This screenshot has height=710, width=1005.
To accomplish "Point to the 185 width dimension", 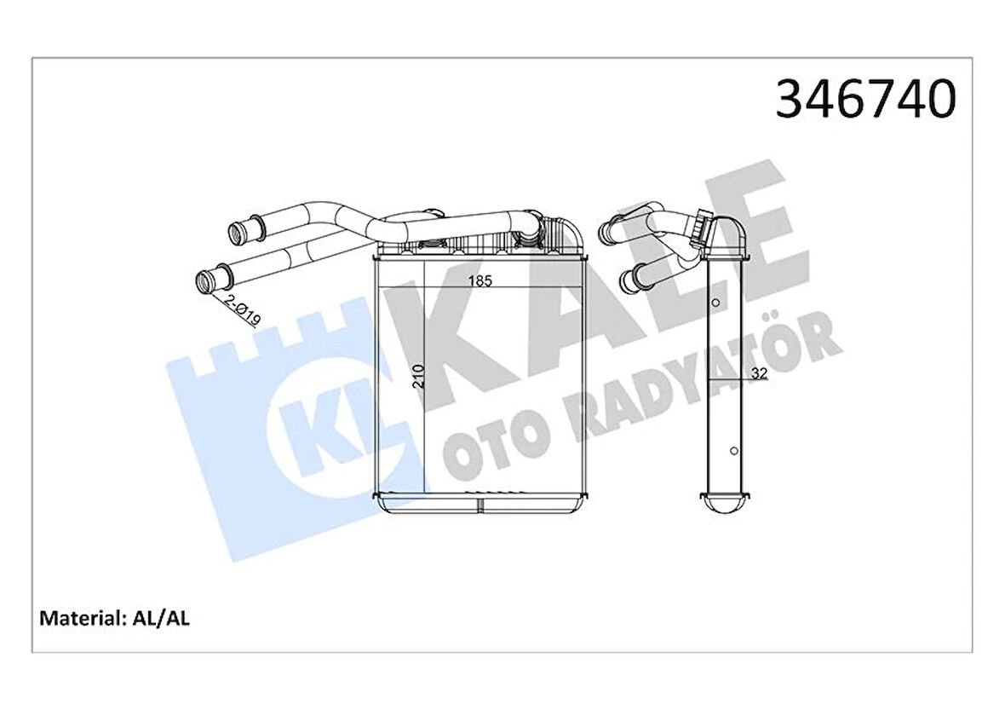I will pos(480,282).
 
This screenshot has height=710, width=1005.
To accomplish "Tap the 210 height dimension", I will pos(417,375).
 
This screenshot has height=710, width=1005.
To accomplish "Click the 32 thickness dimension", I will pos(759,373).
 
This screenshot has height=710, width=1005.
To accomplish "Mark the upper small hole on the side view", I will pos(716,303).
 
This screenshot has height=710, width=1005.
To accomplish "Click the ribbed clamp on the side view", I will pos(703,226).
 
